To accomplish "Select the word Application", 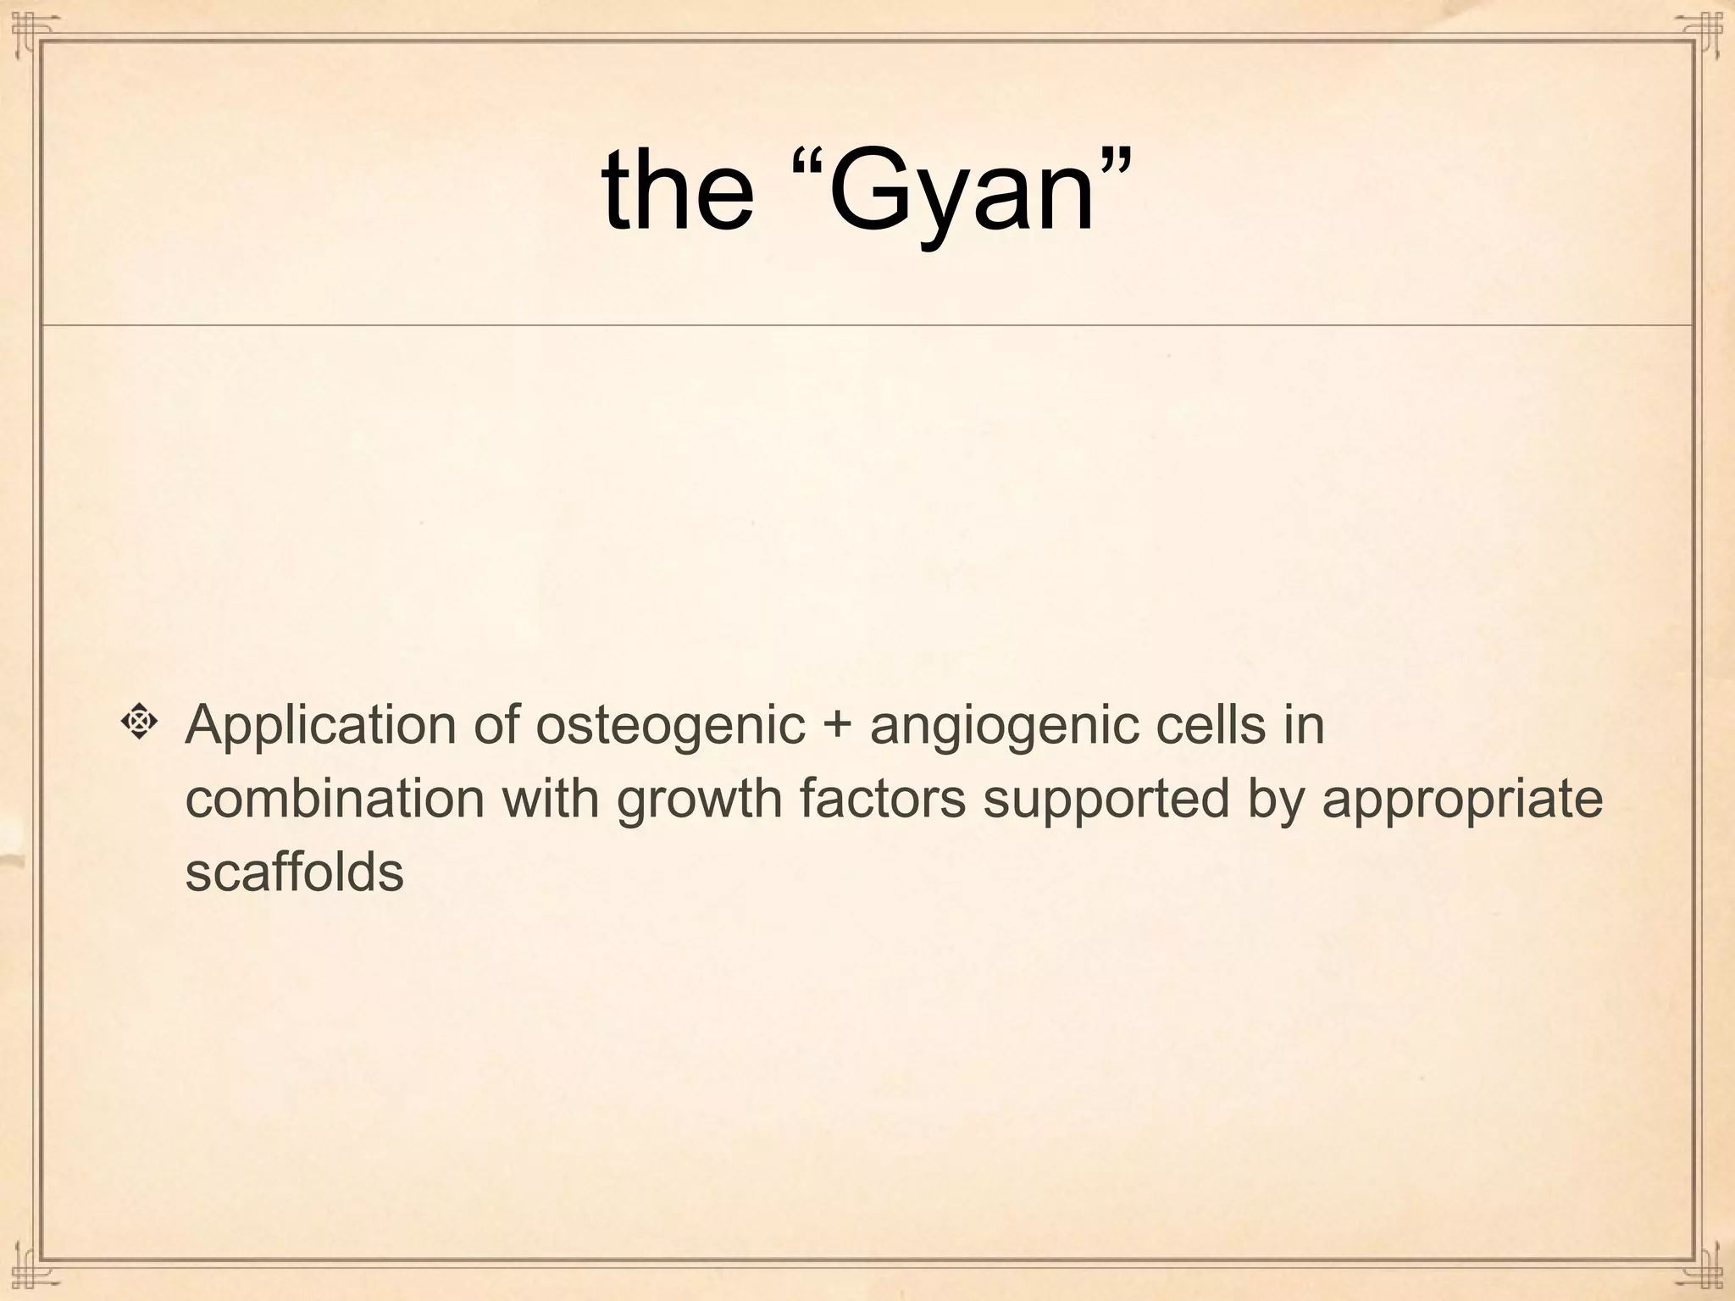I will click(320, 727).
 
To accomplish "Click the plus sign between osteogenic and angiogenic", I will click(838, 727).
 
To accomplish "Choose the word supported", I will click(1106, 800).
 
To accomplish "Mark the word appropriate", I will click(1462, 800).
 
